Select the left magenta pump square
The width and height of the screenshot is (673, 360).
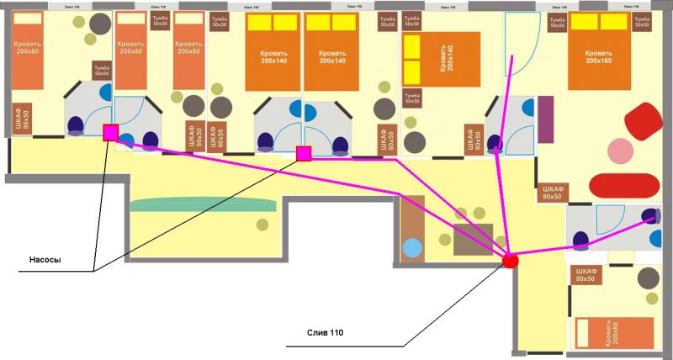coord(110,132)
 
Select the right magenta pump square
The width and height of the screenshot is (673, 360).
coord(305,153)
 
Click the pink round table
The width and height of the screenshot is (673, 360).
coord(622,151)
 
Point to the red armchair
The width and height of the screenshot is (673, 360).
coord(644,122)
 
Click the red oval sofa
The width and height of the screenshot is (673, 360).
coord(624,187)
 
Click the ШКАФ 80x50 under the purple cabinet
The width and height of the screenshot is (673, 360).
coord(552,193)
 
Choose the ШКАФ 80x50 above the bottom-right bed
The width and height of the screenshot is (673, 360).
coord(586,273)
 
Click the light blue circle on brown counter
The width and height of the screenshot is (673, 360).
coord(411,248)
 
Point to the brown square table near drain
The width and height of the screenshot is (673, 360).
coord(472,240)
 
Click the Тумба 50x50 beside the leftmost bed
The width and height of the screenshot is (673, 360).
coord(102,70)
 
